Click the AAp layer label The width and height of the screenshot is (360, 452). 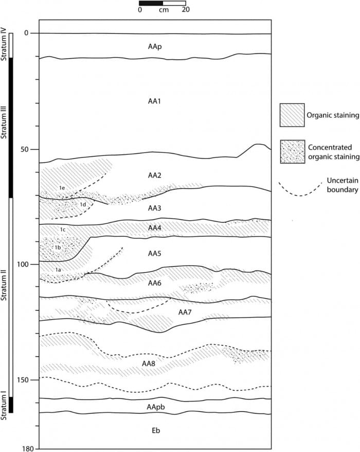pyautogui.click(x=155, y=47)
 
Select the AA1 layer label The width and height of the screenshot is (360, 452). pyautogui.click(x=155, y=101)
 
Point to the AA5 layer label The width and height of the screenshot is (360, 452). pyautogui.click(x=155, y=253)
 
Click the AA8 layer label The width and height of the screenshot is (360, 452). pyautogui.click(x=149, y=363)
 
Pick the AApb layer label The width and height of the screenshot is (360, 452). pyautogui.click(x=155, y=407)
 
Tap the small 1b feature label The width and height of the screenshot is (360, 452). pyautogui.click(x=58, y=248)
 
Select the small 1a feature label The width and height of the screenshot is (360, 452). pyautogui.click(x=59, y=269)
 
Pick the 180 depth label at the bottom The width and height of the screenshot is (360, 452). pyautogui.click(x=28, y=448)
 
